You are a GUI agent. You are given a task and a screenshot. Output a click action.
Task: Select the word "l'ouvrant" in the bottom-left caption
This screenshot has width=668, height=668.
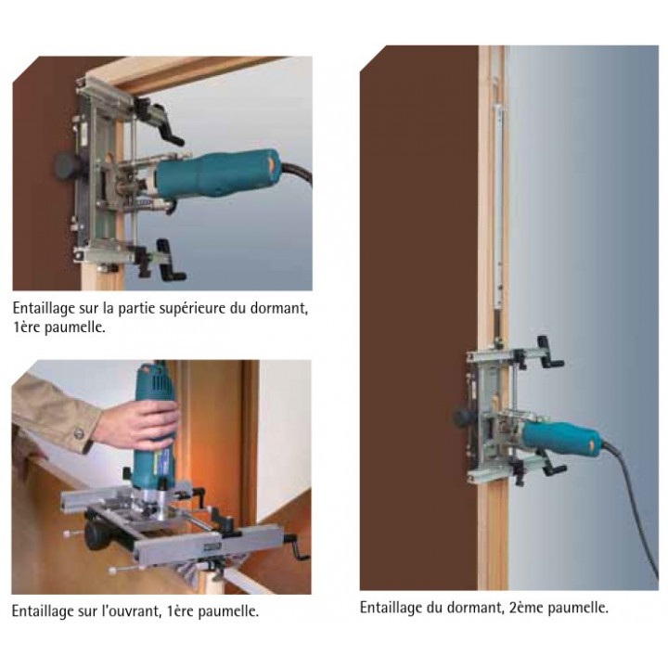pos(130,610)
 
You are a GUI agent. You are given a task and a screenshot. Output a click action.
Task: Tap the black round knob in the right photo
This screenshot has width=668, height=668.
pos(462,417)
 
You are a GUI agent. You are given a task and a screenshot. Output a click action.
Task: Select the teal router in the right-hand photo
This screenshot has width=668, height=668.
pos(561,438)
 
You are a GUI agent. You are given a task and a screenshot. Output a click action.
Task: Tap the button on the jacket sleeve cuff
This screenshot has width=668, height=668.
pos(78,433)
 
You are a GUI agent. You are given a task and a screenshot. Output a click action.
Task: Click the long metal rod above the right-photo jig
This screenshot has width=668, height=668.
pos(498,204)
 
